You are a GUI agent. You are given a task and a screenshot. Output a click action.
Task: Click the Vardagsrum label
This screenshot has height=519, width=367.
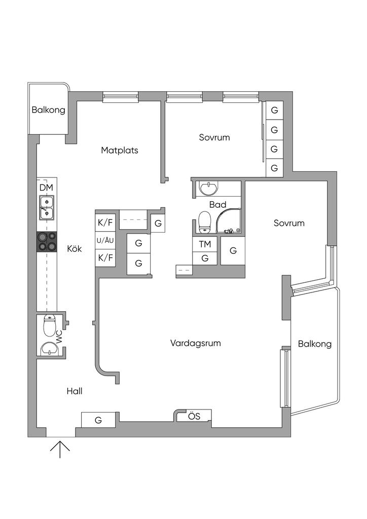click(195, 343)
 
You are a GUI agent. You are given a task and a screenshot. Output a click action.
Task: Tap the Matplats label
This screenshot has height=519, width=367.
click(120, 150)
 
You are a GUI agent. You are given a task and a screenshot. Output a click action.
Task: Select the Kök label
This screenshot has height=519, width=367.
click(75, 248)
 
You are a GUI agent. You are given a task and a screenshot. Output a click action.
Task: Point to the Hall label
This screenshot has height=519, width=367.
click(75, 391)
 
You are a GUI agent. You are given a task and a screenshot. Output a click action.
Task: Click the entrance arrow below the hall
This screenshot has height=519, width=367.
click(60, 450)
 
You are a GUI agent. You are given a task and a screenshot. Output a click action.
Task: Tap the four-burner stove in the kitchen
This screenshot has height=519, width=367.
click(47, 242)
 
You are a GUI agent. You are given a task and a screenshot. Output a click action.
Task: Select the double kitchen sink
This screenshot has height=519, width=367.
click(47, 207)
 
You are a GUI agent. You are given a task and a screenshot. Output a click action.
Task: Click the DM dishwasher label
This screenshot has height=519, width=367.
click(46, 188)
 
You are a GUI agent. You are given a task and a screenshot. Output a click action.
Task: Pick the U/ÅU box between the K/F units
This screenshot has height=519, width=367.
click(105, 241)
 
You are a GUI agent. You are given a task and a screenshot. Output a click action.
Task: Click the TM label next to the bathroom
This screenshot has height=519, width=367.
click(205, 244)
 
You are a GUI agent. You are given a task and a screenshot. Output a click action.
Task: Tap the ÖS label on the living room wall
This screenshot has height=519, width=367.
click(194, 416)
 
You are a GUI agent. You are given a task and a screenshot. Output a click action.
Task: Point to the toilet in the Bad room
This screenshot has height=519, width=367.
click(204, 222)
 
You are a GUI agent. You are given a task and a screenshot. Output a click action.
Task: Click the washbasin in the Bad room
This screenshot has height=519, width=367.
click(209, 189)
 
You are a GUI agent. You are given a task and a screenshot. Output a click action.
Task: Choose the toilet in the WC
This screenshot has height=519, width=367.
click(50, 325)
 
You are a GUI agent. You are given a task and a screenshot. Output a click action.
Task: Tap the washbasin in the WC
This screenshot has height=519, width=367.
click(49, 349)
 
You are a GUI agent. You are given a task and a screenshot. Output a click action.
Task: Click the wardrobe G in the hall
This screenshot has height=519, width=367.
click(99, 420)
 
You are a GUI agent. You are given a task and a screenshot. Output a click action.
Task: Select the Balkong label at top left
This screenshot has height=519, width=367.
click(48, 110)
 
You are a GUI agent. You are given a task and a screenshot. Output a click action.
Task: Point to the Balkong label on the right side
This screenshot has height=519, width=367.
click(315, 344)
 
